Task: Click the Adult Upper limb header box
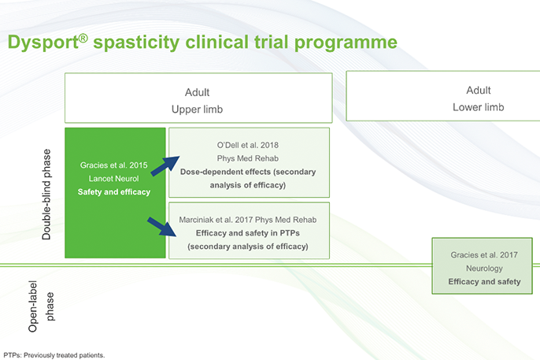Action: coord(198,99)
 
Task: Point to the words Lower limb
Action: coord(478,107)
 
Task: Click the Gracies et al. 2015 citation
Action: coord(115,165)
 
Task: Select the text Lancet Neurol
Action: coord(115,179)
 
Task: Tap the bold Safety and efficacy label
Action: coord(115,192)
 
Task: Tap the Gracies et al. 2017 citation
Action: coord(484,254)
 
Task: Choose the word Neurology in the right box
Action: coord(484,268)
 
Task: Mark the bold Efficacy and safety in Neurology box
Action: coord(484,281)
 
